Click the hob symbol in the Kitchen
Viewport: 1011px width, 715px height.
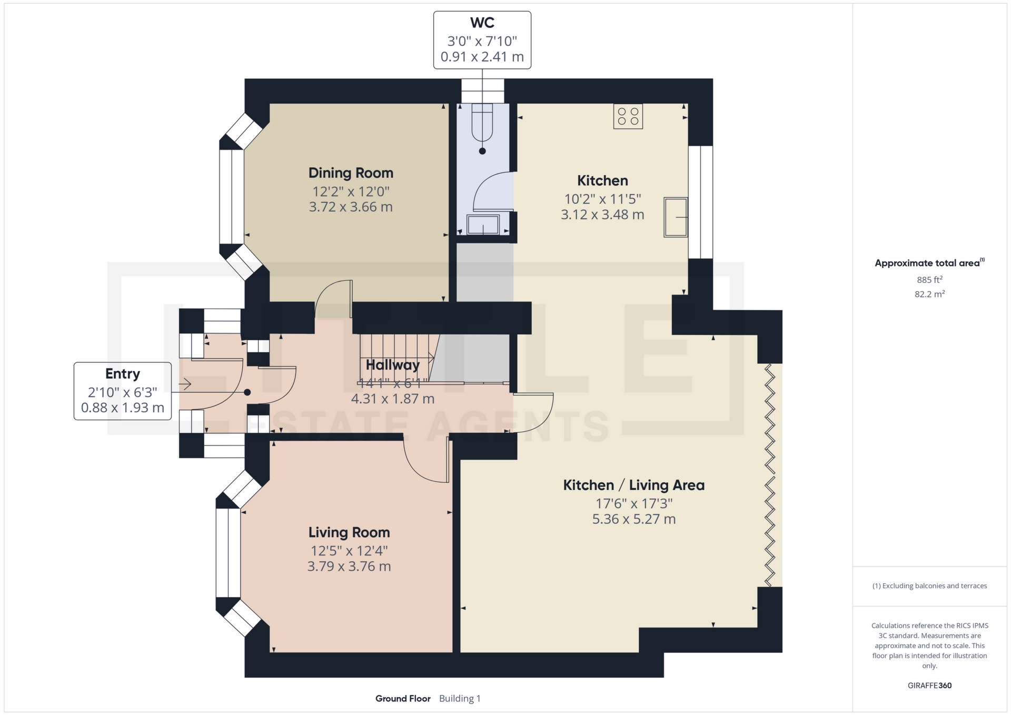click(x=628, y=116)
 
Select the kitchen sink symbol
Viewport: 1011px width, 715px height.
click(x=675, y=217)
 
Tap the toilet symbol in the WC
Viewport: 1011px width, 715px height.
click(x=482, y=124)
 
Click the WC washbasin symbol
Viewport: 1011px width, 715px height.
click(x=483, y=225)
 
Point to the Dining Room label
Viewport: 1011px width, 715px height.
click(x=351, y=173)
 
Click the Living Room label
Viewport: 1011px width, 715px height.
click(x=349, y=532)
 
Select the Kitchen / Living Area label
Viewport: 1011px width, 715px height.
click(x=633, y=485)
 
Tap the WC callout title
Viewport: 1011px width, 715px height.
click(x=482, y=23)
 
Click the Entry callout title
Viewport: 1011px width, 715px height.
click(x=122, y=374)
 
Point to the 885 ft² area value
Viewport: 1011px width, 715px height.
click(x=929, y=280)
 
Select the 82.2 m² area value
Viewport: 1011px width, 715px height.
click(x=929, y=294)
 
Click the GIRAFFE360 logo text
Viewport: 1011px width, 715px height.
click(x=929, y=686)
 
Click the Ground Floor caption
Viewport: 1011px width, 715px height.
click(x=403, y=699)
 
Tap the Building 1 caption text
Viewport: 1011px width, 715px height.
click(x=460, y=699)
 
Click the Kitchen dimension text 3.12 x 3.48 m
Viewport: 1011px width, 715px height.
click(x=602, y=215)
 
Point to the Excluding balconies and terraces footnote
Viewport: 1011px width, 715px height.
click(x=929, y=586)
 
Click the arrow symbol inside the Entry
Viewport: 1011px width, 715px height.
click(x=185, y=384)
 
